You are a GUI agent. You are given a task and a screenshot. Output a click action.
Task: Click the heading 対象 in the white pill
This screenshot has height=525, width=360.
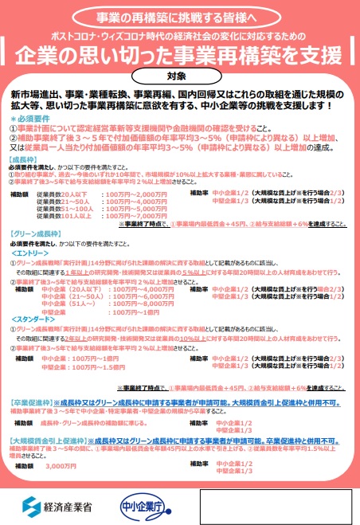tap(180, 77)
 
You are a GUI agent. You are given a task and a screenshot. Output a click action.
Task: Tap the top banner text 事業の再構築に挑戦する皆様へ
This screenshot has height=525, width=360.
tap(180, 17)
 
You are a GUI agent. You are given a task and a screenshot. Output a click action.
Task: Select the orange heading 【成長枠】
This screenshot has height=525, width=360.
tap(26, 159)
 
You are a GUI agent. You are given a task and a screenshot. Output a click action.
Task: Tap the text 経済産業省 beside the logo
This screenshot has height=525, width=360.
tap(70, 506)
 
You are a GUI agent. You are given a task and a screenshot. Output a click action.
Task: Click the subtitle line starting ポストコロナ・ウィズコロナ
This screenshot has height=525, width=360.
tap(180, 37)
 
